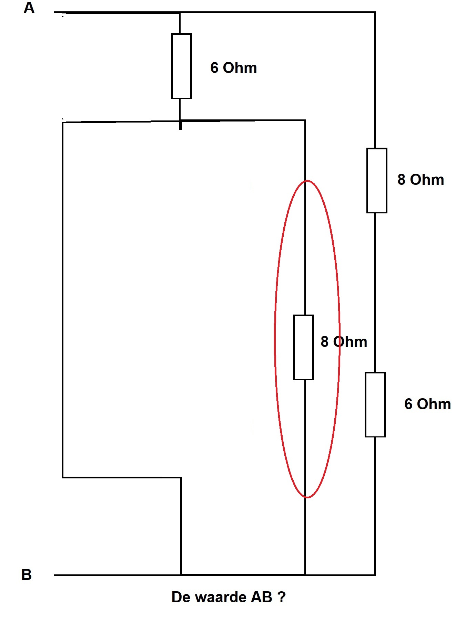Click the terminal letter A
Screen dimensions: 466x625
29,7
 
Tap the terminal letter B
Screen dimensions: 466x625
27,574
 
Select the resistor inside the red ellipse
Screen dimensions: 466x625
303,347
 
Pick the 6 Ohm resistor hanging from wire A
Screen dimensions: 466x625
181,66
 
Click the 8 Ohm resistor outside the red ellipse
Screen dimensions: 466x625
377,180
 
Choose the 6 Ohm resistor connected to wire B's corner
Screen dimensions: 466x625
375,404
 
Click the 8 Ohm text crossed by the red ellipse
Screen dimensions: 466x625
344,341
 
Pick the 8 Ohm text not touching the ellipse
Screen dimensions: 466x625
421,179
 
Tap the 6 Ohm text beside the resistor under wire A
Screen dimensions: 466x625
233,67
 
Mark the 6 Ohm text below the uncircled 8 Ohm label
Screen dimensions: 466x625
427,404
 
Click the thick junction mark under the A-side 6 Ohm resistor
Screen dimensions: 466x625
180,124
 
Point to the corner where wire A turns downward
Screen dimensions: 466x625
375,12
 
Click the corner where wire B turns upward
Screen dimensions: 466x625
375,574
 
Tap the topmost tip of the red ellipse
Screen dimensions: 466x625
307,180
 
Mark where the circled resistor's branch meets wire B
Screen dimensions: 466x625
305,574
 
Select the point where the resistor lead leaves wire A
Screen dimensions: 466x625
180,13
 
